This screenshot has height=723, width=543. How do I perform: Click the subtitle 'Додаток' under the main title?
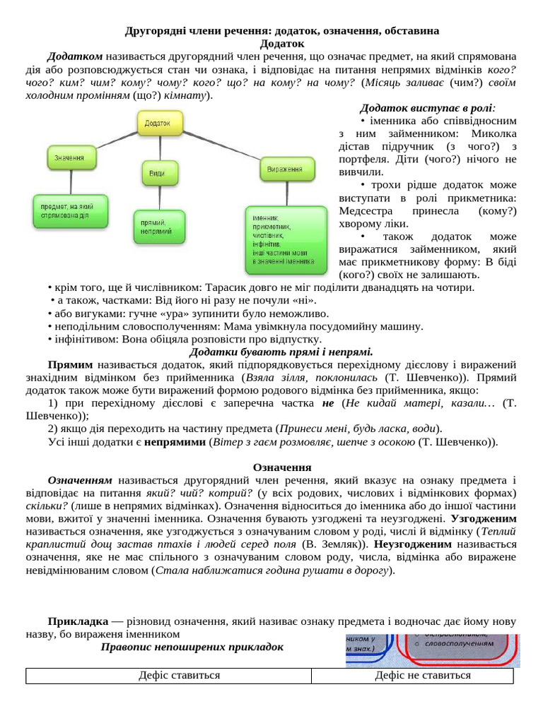coord(281,44)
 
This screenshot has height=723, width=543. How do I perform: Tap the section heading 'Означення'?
coord(281,467)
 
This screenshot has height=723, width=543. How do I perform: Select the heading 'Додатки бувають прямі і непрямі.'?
coord(281,352)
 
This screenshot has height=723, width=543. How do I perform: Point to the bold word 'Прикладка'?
coord(76,621)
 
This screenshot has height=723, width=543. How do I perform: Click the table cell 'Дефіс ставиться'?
coord(169,676)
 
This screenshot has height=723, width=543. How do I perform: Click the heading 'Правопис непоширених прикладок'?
coord(192,647)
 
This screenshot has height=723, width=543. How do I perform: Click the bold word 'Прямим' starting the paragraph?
coord(70,364)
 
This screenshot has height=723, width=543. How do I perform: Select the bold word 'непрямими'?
coord(177,442)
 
